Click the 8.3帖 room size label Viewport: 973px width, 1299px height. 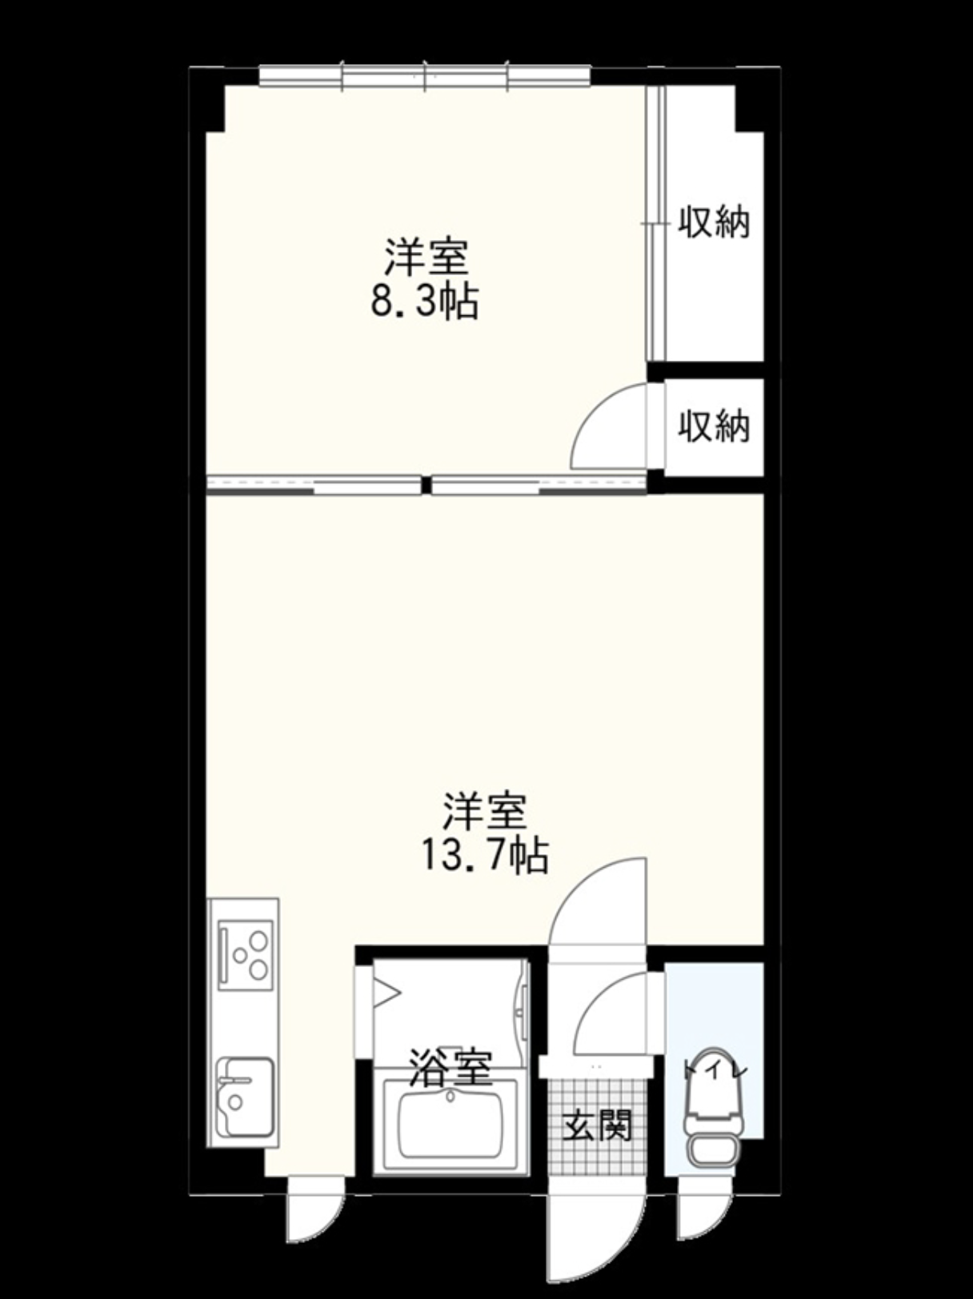pyautogui.click(x=424, y=302)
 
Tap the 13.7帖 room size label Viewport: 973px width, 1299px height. pyautogui.click(x=485, y=856)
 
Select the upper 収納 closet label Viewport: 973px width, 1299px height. pyautogui.click(x=714, y=222)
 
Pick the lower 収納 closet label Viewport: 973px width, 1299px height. pyautogui.click(x=714, y=426)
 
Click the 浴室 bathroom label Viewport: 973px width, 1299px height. pyautogui.click(x=450, y=1067)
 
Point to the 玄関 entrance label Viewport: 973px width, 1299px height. pyautogui.click(x=597, y=1125)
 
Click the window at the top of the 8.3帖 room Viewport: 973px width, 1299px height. pyautogui.click(x=425, y=76)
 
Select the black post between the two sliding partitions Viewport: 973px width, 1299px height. pyautogui.click(x=426, y=485)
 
